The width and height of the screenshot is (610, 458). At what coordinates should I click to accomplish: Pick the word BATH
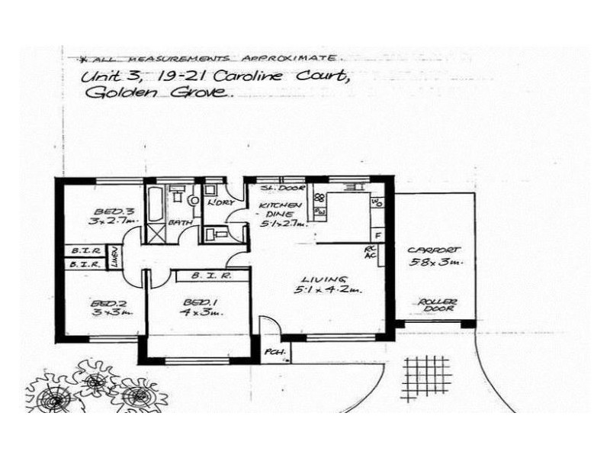click(x=180, y=222)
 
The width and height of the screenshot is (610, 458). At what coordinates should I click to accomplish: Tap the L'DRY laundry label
click(x=219, y=202)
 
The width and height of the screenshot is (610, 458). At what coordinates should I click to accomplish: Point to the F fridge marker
click(x=377, y=235)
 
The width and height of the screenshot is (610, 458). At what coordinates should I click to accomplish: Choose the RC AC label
click(x=371, y=253)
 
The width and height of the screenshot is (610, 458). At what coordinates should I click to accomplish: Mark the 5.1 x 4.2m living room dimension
click(x=328, y=291)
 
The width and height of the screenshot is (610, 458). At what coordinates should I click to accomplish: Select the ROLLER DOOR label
click(x=438, y=305)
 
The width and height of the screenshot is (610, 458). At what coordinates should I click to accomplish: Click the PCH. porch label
click(x=273, y=352)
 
